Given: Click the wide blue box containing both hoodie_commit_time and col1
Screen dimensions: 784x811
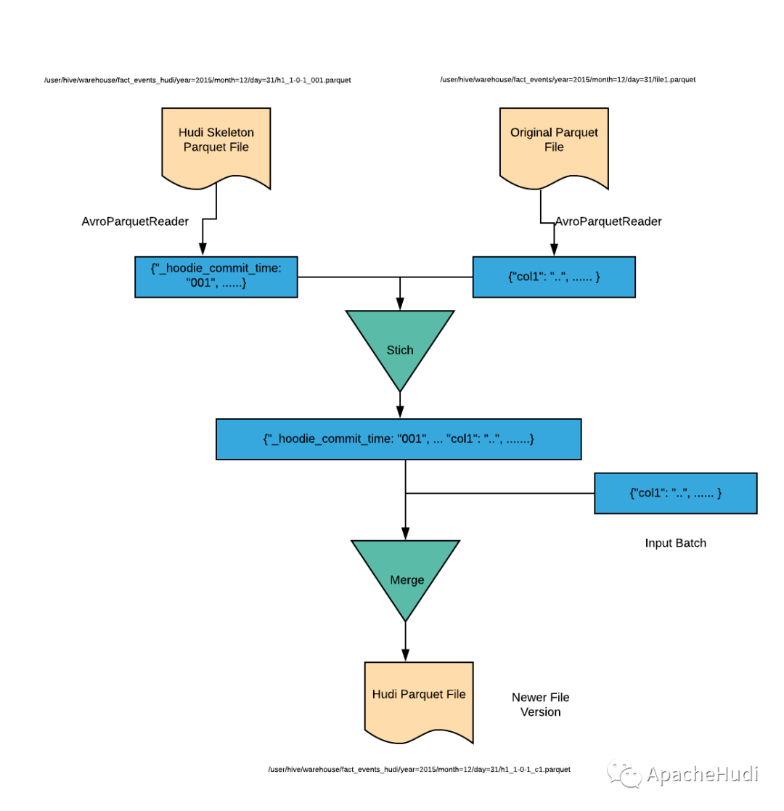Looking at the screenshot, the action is pos(399,439).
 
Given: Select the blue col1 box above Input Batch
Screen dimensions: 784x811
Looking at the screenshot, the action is pos(675,493).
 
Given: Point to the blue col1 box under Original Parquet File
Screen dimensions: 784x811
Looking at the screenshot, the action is pos(554,277).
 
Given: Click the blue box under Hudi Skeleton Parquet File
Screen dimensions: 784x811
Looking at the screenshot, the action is pos(216,277).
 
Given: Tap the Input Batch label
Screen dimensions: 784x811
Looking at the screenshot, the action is pos(675,542).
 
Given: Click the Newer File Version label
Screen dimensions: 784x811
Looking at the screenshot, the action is pos(540,704).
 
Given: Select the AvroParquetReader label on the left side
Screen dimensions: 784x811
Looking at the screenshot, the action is pos(135,221).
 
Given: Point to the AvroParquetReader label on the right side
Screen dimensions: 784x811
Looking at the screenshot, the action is pos(608,221).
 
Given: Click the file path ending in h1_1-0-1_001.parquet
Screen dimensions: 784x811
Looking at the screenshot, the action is pos(197,80).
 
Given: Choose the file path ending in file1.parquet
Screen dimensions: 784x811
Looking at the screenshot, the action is pos(568,80).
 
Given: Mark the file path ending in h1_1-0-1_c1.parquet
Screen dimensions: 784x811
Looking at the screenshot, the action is pos(419,769).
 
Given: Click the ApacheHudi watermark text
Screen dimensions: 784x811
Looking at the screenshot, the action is pos(702,774).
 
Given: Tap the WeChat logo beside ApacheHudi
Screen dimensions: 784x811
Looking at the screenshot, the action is pos(624,774).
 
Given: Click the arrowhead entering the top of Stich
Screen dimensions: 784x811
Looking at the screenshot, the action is pos(400,303).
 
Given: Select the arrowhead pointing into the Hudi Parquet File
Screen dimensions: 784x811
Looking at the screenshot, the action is pos(406,655).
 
